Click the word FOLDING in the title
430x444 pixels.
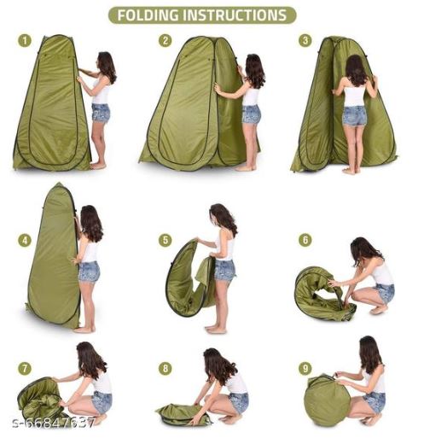tap(148, 15)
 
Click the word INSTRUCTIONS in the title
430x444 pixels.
tap(235, 15)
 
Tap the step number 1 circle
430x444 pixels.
tap(25, 41)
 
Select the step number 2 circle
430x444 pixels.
tap(166, 41)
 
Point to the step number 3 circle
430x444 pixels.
tap(305, 41)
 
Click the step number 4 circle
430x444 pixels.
tap(25, 241)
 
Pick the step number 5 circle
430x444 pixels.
tap(166, 241)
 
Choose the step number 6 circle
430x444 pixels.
tap(305, 240)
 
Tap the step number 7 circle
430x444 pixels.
tap(25, 369)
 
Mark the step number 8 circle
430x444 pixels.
tap(166, 369)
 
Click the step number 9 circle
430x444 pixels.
tap(305, 369)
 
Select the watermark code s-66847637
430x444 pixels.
tap(53, 424)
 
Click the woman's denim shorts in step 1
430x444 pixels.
tap(101, 113)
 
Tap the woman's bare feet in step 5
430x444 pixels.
tap(216, 330)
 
